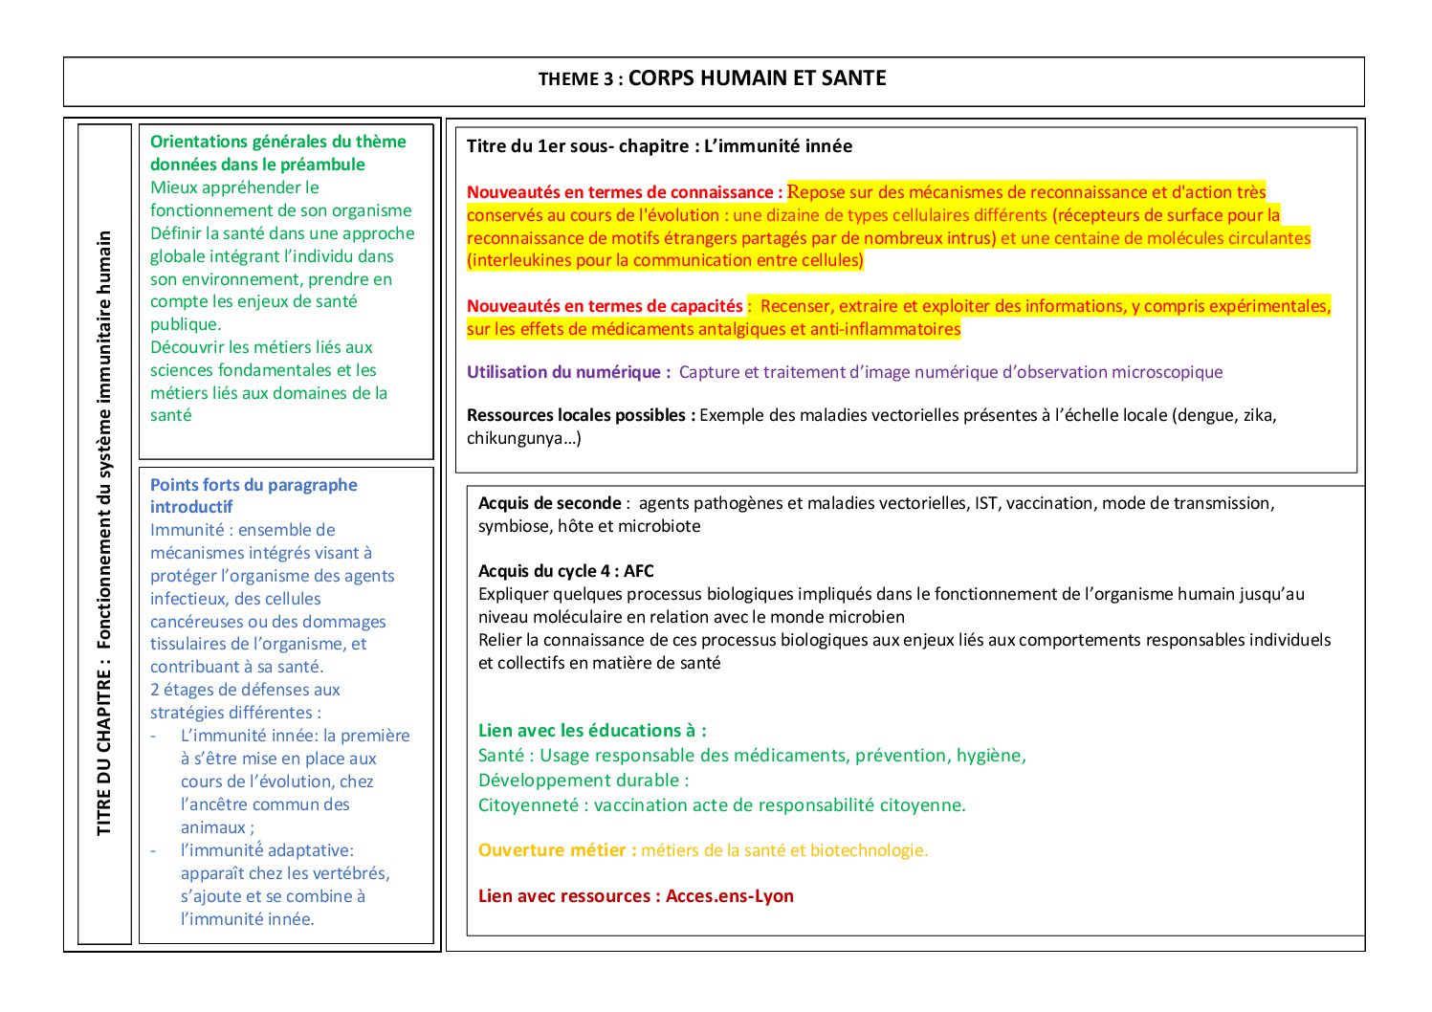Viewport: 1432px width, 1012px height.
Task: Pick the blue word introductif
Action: coord(191,507)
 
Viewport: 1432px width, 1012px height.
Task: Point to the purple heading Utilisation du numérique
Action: coord(568,372)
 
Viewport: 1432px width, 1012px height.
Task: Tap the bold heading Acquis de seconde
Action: coord(549,503)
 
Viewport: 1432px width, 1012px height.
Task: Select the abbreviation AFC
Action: coord(639,571)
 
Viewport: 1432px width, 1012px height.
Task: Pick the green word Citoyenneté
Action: coord(528,805)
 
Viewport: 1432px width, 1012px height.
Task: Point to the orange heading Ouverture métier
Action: coord(557,850)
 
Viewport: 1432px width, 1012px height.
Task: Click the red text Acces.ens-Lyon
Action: coord(730,896)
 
